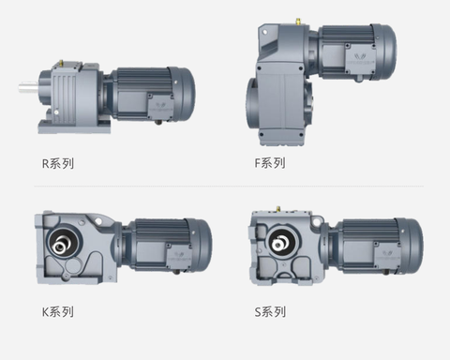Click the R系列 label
[58, 163]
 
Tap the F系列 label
[270, 163]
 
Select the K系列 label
[58, 311]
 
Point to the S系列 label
[270, 311]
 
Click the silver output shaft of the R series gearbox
[29, 87]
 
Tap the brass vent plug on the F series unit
[298, 22]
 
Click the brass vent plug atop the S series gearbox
[277, 209]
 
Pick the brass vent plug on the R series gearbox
[61, 64]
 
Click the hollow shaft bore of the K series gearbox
[64, 240]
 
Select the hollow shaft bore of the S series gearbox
[282, 240]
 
